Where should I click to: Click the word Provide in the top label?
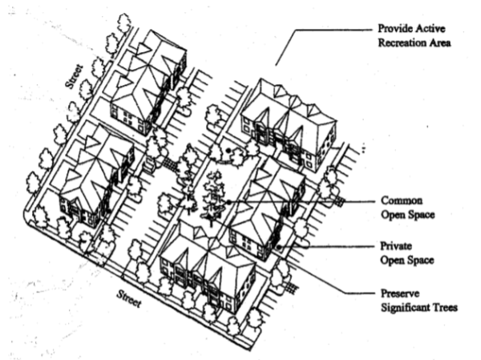pyautogui.click(x=396, y=27)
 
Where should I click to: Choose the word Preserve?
pyautogui.click(x=401, y=293)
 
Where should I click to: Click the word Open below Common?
pyautogui.click(x=395, y=216)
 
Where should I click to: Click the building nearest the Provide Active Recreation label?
pyautogui.click(x=287, y=120)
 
